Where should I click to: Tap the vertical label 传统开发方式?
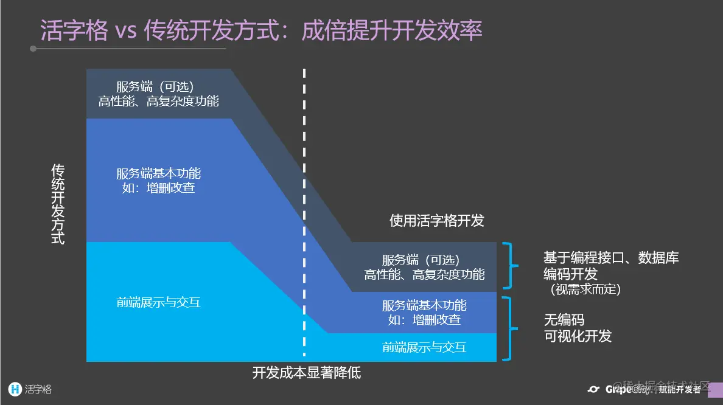(58, 204)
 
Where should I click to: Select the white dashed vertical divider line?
(304, 213)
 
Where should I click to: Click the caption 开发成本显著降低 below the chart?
(307, 372)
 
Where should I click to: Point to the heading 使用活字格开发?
(437, 220)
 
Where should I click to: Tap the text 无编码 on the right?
(564, 320)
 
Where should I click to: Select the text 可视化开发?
(578, 336)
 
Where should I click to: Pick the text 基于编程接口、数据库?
(611, 258)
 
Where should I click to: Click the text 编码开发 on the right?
(570, 274)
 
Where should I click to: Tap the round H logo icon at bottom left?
(15, 389)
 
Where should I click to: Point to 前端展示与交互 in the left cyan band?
(158, 302)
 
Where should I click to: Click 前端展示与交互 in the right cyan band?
(424, 347)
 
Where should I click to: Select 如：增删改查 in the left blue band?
(158, 188)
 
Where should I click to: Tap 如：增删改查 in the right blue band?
(424, 319)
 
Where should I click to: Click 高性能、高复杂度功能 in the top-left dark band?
(158, 101)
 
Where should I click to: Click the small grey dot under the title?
(33, 49)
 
